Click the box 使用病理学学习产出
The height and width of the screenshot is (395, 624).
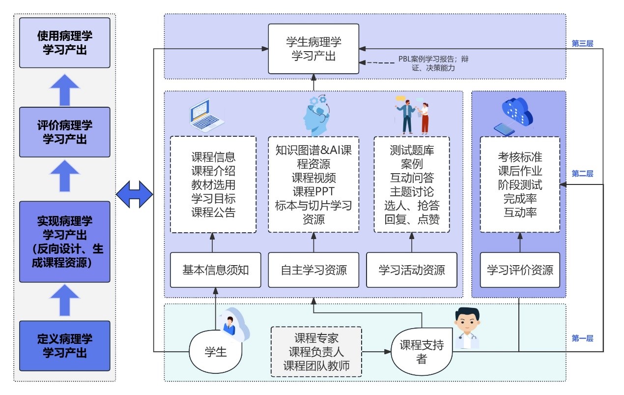coord(64,43)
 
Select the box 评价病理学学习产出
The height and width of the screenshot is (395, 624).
coord(64,132)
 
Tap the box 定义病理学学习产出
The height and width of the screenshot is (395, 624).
coord(64,346)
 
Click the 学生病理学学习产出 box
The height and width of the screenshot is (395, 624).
coord(313,49)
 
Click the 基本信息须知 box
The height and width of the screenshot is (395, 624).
coord(215,270)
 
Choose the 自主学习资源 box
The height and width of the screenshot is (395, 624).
coord(313,270)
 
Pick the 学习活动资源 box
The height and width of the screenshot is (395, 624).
coord(412,270)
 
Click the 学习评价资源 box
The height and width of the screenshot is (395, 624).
coord(520,270)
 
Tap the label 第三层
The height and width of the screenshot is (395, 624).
coord(582,43)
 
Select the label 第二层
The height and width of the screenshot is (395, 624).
coord(582,174)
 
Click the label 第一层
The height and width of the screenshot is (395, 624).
coord(582,338)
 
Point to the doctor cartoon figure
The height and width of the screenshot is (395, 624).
coord(466,327)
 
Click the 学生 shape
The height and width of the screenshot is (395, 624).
coord(215,352)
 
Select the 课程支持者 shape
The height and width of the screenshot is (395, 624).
coord(421,352)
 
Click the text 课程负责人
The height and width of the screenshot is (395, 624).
coord(316,352)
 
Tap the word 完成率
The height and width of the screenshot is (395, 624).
coord(520,199)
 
